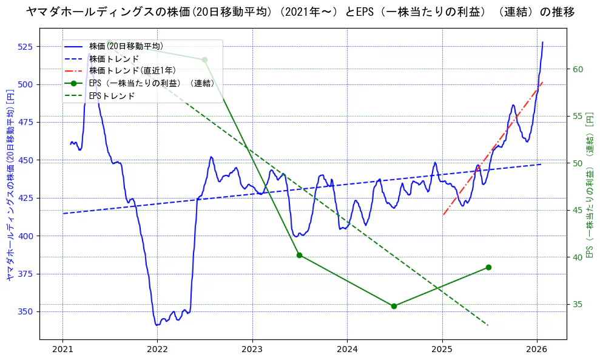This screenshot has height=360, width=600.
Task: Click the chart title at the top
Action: pos(300,12)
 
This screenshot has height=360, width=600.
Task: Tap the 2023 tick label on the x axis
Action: pos(252,349)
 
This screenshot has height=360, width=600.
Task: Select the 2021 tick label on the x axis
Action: pos(62,349)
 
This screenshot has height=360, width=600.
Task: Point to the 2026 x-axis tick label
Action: pos(537,349)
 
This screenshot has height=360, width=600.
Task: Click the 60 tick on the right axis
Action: pos(578,69)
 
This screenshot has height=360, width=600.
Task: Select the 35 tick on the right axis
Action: pos(578,304)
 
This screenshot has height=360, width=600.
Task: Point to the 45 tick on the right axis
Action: pos(578,210)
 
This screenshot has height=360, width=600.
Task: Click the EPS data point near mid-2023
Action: pos(299,255)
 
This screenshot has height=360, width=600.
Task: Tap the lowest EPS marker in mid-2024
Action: pos(394,306)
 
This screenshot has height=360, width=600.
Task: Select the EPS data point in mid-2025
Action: pos(488,267)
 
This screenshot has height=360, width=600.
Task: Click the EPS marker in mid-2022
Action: pos(204,59)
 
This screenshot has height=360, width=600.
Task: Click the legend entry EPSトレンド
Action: pos(112,96)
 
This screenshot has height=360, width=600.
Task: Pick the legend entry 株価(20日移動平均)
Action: pos(126,46)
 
